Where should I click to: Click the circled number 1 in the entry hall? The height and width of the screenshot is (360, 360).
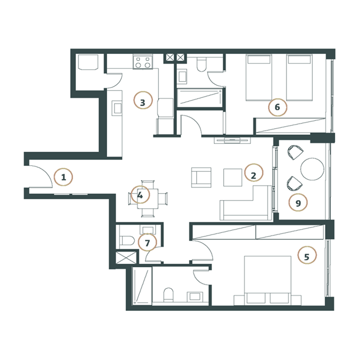tap(63, 177)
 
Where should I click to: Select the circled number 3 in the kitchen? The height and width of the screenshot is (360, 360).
tap(142, 102)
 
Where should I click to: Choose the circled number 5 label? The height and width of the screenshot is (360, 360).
tap(307, 257)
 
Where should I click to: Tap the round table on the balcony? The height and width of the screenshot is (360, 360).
tap(311, 169)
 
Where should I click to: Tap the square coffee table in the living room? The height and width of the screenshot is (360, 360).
tap(233, 177)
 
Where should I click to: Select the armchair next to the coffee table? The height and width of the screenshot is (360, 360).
tap(201, 177)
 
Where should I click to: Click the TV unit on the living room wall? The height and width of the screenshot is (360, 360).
tap(233, 140)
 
